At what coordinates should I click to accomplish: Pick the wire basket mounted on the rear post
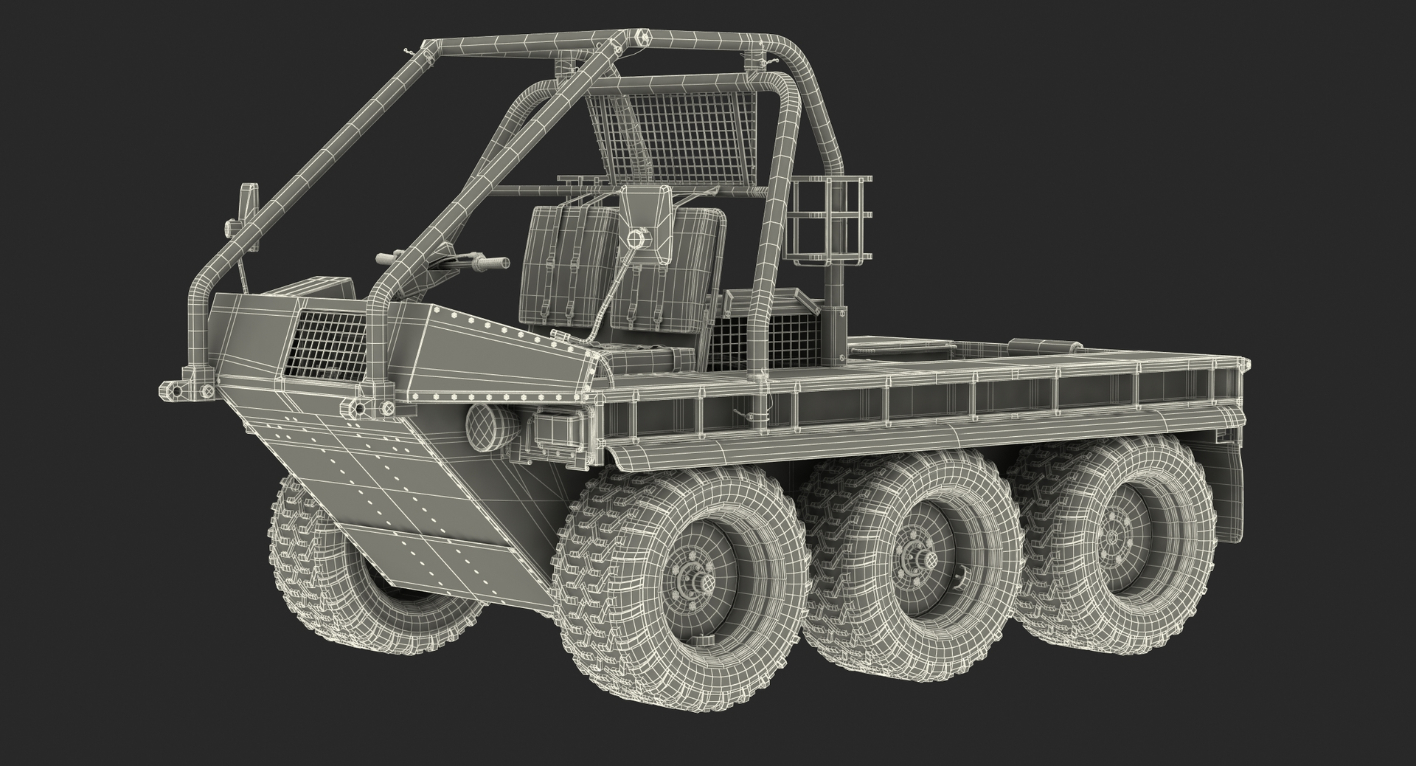pyautogui.click(x=833, y=221)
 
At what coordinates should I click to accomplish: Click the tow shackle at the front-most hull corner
pyautogui.click(x=172, y=387)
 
